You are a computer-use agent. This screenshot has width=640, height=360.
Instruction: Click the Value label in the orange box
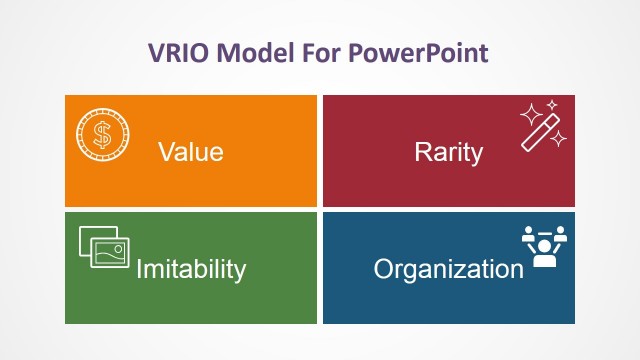coord(190,152)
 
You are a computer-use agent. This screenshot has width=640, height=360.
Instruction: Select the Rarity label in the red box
coord(448,152)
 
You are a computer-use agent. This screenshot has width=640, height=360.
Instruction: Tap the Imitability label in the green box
coord(190,269)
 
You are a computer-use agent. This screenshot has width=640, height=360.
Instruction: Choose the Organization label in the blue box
coord(448,269)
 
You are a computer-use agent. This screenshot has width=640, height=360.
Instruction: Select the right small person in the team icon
coord(561,235)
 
